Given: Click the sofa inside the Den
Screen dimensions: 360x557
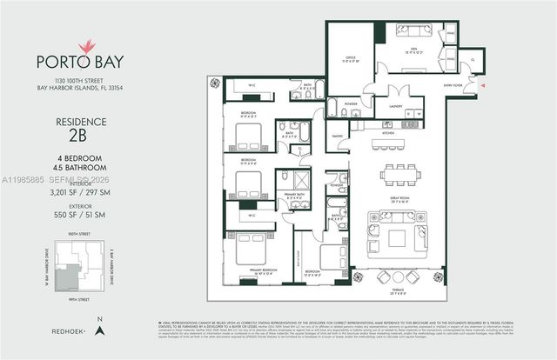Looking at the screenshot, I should pos(414,31).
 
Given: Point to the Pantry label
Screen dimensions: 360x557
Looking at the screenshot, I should pos(336,135).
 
